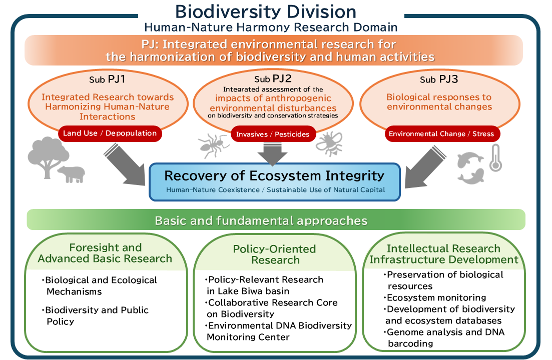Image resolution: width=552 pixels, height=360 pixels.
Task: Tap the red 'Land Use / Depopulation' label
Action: pyautogui.click(x=110, y=133)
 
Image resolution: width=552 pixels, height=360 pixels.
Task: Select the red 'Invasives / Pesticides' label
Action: pyautogui.click(x=273, y=134)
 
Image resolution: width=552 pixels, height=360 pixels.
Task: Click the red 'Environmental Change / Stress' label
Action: pyautogui.click(x=441, y=133)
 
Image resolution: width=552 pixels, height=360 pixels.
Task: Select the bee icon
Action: pyautogui.click(x=328, y=143)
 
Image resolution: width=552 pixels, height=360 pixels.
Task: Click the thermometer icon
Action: pyautogui.click(x=495, y=158)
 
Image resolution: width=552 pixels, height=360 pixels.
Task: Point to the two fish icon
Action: pyautogui.click(x=471, y=167)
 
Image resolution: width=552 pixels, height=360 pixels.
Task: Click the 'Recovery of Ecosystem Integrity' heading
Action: pyautogui.click(x=274, y=176)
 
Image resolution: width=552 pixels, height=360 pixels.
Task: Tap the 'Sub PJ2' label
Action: pyautogui.click(x=273, y=78)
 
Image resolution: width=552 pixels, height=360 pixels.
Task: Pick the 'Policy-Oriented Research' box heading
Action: pyautogui.click(x=275, y=254)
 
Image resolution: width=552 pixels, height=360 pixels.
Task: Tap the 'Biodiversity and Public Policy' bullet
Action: pyautogui.click(x=97, y=315)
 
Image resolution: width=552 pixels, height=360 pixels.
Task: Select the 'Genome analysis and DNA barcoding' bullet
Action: pyautogui.click(x=444, y=337)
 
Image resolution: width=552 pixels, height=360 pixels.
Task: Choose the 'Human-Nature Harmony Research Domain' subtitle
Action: pyautogui.click(x=271, y=27)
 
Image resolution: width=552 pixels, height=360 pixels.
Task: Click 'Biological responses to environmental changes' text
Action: pyautogui.click(x=439, y=101)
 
